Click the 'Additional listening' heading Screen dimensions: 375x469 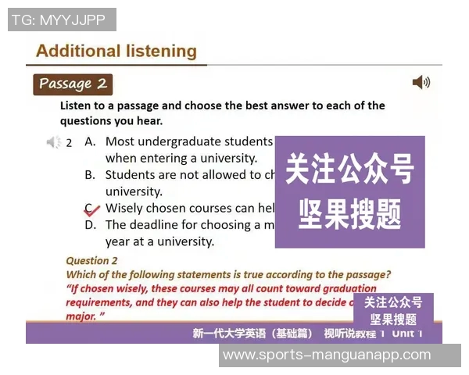click(116, 52)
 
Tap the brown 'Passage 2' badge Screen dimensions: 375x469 click(73, 84)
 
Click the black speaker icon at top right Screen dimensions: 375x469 click(421, 82)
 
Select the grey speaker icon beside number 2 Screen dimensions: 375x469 click(53, 142)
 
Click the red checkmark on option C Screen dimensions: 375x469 click(91, 209)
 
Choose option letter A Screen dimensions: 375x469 click(90, 141)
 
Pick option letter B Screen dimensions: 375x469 click(90, 175)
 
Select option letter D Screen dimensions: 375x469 click(90, 225)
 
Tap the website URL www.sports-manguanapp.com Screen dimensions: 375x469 click(326, 355)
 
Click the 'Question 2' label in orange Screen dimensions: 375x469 click(91, 261)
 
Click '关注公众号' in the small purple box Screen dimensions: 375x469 click(393, 302)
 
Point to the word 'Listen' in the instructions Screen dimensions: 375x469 click(78, 105)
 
